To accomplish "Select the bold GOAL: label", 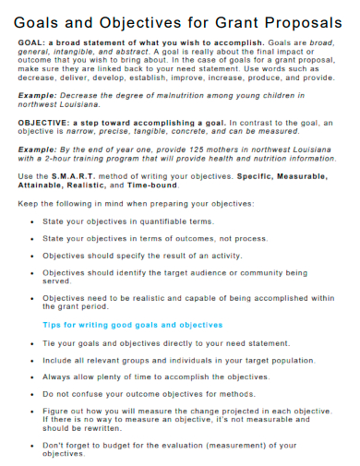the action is point(30,42).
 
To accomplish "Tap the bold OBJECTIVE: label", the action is point(45,122).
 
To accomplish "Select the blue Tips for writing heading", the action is point(133,325).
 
